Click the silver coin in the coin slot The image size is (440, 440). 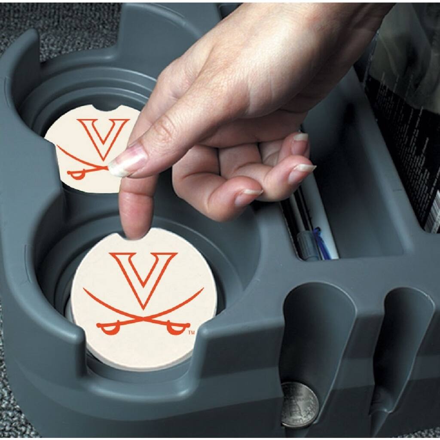(299, 405)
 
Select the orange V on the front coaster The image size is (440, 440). (144, 275)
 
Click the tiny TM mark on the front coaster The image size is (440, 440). (192, 333)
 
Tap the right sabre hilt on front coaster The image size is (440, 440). (176, 329)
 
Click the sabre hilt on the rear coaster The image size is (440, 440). (77, 174)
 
